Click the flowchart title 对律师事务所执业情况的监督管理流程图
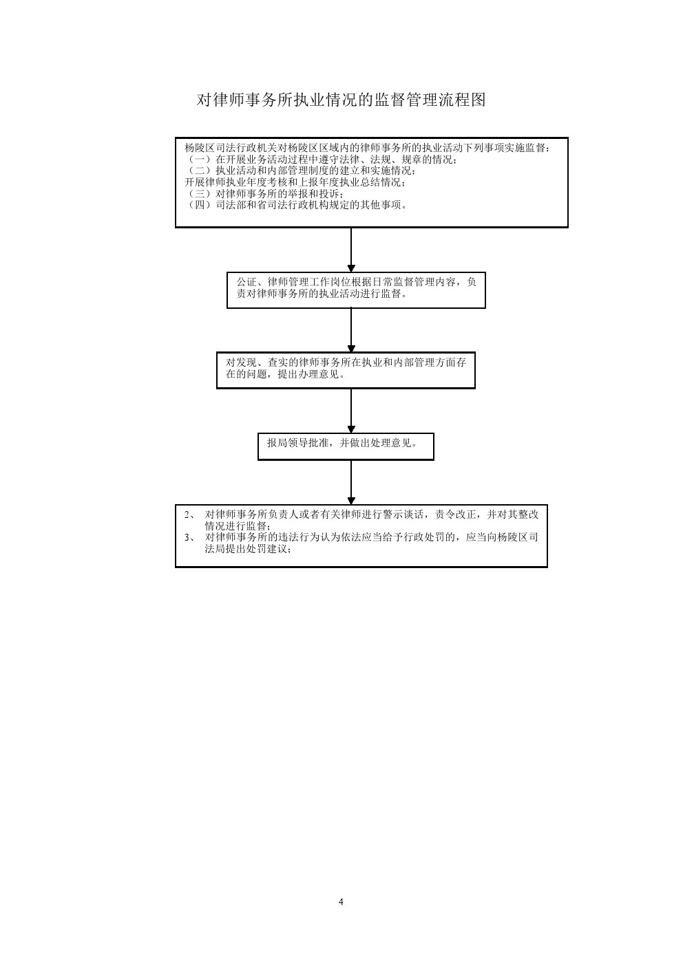(341, 100)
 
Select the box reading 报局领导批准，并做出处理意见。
(346, 447)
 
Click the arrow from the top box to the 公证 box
(351, 250)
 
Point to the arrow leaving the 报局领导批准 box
(351, 483)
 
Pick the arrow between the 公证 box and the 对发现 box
(351, 330)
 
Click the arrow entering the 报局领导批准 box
(351, 411)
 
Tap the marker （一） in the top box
(200, 160)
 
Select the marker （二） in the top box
(200, 171)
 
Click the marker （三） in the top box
(200, 193)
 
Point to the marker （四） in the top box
(200, 205)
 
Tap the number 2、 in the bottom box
(189, 514)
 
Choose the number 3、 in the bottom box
(189, 537)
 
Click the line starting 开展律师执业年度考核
(295, 182)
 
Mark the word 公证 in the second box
(246, 282)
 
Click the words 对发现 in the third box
(241, 362)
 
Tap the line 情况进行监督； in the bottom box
(238, 526)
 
